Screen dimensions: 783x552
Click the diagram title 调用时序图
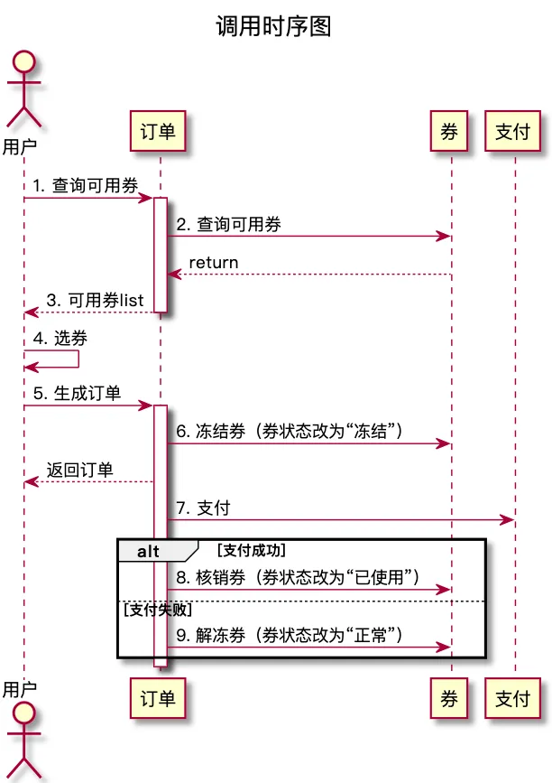click(x=273, y=26)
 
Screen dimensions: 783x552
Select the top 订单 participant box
click(x=159, y=132)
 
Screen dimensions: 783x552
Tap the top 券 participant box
click(x=450, y=132)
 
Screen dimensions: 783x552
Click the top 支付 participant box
click(x=513, y=132)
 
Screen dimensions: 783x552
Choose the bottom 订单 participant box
click(x=159, y=699)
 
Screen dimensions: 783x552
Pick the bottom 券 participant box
click(x=450, y=699)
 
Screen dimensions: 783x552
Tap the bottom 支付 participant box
click(x=513, y=699)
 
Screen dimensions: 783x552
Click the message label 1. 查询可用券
click(x=86, y=186)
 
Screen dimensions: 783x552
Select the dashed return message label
click(x=213, y=263)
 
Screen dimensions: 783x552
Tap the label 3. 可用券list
click(x=95, y=301)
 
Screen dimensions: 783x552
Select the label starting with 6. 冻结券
click(x=289, y=432)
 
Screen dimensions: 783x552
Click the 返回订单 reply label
click(x=80, y=471)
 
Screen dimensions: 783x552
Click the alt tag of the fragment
click(x=150, y=551)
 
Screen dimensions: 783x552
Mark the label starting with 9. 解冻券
click(x=289, y=635)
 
